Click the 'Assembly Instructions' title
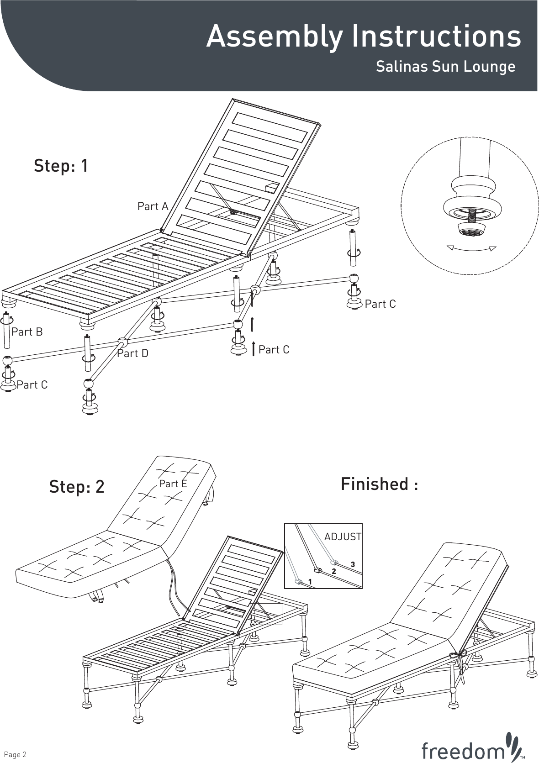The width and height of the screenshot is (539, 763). pyautogui.click(x=363, y=37)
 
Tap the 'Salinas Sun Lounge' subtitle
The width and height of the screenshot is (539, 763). pyautogui.click(x=445, y=67)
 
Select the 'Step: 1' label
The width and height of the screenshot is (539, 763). pyautogui.click(x=61, y=166)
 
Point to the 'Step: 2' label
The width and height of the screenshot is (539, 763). pyautogui.click(x=77, y=487)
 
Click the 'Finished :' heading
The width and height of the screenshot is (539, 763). pyautogui.click(x=379, y=484)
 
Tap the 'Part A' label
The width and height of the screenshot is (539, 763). pyautogui.click(x=153, y=207)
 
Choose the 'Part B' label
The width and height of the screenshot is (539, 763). pyautogui.click(x=27, y=332)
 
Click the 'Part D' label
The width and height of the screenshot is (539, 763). pyautogui.click(x=132, y=353)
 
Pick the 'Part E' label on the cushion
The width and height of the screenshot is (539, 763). pyautogui.click(x=173, y=484)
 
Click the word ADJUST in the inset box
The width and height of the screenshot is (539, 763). pyautogui.click(x=343, y=537)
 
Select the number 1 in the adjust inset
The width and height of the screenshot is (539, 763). pyautogui.click(x=310, y=582)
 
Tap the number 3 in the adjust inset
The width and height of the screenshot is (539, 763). pyautogui.click(x=353, y=565)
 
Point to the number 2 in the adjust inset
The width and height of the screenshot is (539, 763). pyautogui.click(x=334, y=571)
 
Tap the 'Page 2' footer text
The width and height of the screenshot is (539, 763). pyautogui.click(x=15, y=754)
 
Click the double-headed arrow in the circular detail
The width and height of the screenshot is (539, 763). pyautogui.click(x=471, y=248)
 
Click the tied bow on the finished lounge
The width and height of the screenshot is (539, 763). pyautogui.click(x=459, y=657)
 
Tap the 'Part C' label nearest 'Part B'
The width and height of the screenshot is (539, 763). pyautogui.click(x=32, y=385)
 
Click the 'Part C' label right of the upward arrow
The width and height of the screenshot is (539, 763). pyautogui.click(x=274, y=350)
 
